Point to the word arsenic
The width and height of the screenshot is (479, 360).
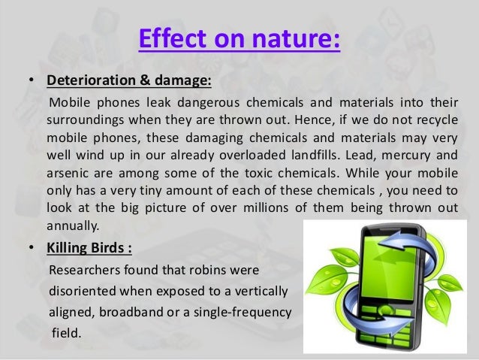coord(67,172)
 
